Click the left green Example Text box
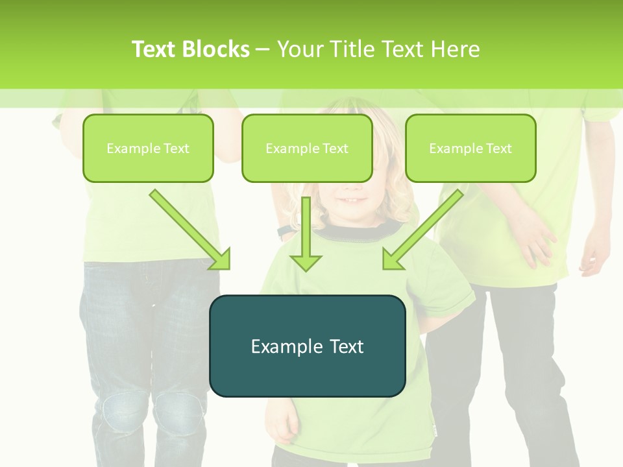pyautogui.click(x=148, y=148)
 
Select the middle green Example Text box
pyautogui.click(x=307, y=148)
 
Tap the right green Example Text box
pyautogui.click(x=470, y=148)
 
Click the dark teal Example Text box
pyautogui.click(x=307, y=346)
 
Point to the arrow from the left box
pyautogui.click(x=190, y=230)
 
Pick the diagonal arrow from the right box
pyautogui.click(x=422, y=230)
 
